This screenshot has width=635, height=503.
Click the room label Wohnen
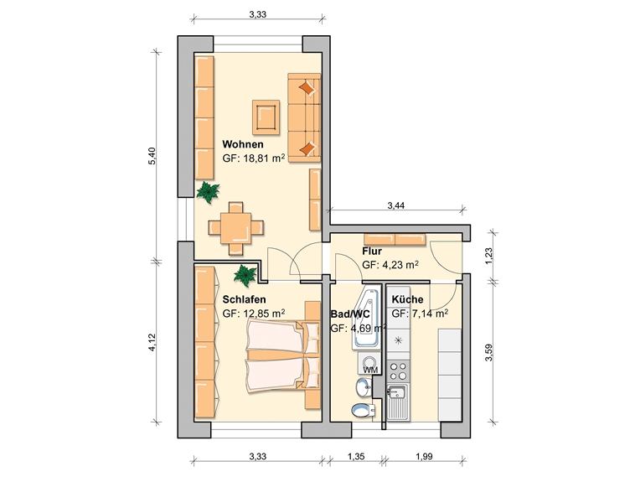pyautogui.click(x=243, y=144)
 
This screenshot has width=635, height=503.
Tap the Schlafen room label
pyautogui.click(x=245, y=299)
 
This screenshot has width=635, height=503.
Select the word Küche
pyautogui.click(x=407, y=299)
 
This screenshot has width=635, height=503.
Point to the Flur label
pyautogui.click(x=372, y=251)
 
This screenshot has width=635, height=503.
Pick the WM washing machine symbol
pyautogui.click(x=369, y=363)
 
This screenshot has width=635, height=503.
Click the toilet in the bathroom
pyautogui.click(x=363, y=410)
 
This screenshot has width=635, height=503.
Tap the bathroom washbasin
pyautogui.click(x=364, y=387)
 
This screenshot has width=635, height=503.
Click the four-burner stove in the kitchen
pyautogui.click(x=398, y=371)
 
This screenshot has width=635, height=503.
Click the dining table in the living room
pyautogui.click(x=235, y=228)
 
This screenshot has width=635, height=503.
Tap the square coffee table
pyautogui.click(x=266, y=117)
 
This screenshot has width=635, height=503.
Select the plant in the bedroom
pyautogui.click(x=245, y=275)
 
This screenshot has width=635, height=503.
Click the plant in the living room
pyautogui.click(x=208, y=192)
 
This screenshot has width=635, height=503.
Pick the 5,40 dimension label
pyautogui.click(x=152, y=156)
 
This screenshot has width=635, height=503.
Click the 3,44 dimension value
pyautogui.click(x=395, y=205)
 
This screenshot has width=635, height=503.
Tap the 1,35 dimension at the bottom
pyautogui.click(x=356, y=456)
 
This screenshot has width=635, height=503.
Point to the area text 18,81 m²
pyautogui.click(x=264, y=158)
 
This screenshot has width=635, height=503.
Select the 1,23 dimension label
pyautogui.click(x=488, y=256)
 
